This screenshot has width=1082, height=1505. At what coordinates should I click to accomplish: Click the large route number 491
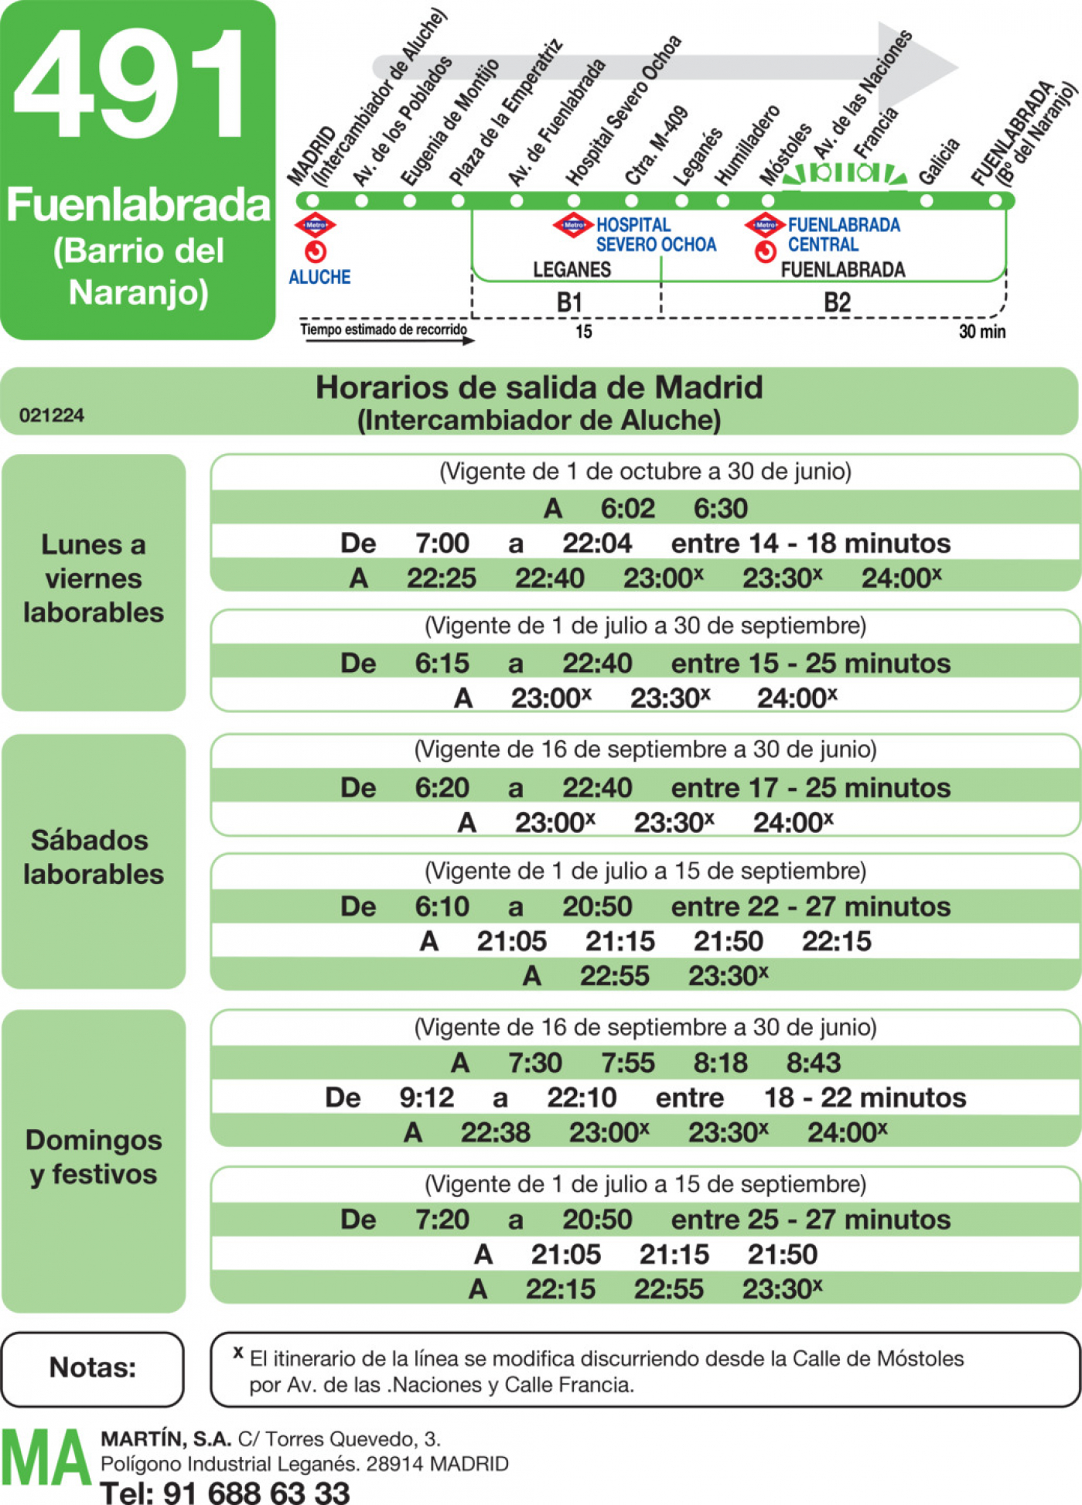[x=130, y=85]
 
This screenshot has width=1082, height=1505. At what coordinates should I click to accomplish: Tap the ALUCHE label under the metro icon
[x=319, y=277]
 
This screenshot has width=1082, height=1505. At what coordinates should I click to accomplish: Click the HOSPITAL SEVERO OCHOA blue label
[x=656, y=234]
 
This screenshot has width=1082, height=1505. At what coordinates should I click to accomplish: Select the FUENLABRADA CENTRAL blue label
[x=844, y=234]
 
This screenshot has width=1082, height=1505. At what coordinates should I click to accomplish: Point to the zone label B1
[x=569, y=302]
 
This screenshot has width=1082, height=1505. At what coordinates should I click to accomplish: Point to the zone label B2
[x=837, y=302]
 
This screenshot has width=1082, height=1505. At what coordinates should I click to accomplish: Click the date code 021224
[x=52, y=415]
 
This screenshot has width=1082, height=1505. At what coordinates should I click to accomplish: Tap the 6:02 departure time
[x=628, y=508]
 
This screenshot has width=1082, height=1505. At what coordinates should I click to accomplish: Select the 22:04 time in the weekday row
[x=597, y=543]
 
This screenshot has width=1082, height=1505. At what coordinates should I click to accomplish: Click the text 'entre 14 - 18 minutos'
[x=811, y=543]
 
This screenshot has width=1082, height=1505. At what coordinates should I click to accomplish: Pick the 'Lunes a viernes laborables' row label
[x=94, y=578]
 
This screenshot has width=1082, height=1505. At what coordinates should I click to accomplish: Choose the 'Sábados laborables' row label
[x=94, y=857]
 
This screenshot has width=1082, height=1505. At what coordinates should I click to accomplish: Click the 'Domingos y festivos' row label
[x=94, y=1157]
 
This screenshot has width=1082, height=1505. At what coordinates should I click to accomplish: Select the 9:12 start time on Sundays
[x=426, y=1097]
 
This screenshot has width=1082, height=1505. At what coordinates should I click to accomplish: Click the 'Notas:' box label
[x=93, y=1367]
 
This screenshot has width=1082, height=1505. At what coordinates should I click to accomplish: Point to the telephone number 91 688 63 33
[x=257, y=1492]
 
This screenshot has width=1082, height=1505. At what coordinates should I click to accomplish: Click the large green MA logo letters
[x=46, y=1458]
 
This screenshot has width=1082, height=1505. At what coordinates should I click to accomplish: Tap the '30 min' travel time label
[x=982, y=332]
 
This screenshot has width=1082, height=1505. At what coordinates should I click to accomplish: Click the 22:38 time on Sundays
[x=496, y=1132]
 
